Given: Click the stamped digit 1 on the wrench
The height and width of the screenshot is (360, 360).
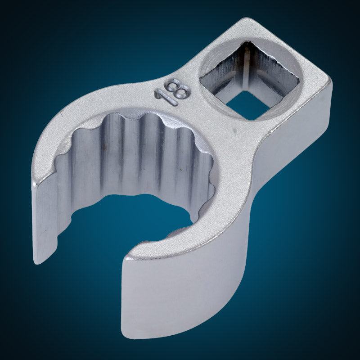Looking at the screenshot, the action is [166, 98].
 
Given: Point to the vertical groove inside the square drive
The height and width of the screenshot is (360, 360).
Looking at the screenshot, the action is [247, 69].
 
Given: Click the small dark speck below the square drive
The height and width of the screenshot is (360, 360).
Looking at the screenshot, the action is [234, 130].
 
